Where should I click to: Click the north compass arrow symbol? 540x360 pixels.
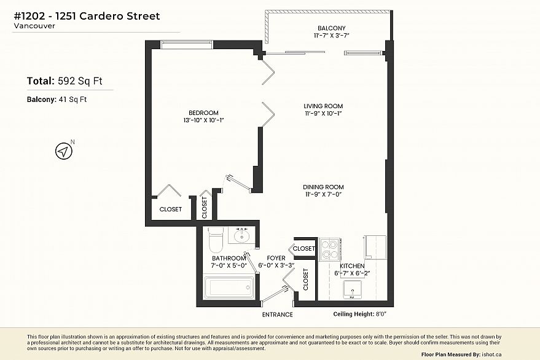click(x=63, y=151)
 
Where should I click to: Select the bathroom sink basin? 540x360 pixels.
click(x=240, y=236)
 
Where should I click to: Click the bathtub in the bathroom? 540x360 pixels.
click(x=228, y=287)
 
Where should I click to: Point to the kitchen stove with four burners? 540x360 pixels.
click(x=331, y=249)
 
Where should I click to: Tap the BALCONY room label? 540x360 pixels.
click(x=331, y=28)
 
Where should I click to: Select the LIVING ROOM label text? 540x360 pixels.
click(x=323, y=106)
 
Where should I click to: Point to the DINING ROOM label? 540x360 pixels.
click(x=323, y=187)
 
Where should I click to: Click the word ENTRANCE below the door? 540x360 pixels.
click(x=277, y=315)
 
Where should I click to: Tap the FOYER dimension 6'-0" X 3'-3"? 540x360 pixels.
click(x=276, y=266)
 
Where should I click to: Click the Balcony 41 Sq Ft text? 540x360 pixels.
click(x=57, y=100)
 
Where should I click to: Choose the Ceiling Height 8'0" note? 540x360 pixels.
click(x=359, y=314)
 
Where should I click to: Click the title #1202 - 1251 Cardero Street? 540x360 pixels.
click(x=86, y=16)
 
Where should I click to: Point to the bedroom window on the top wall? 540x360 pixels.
click(x=187, y=44)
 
